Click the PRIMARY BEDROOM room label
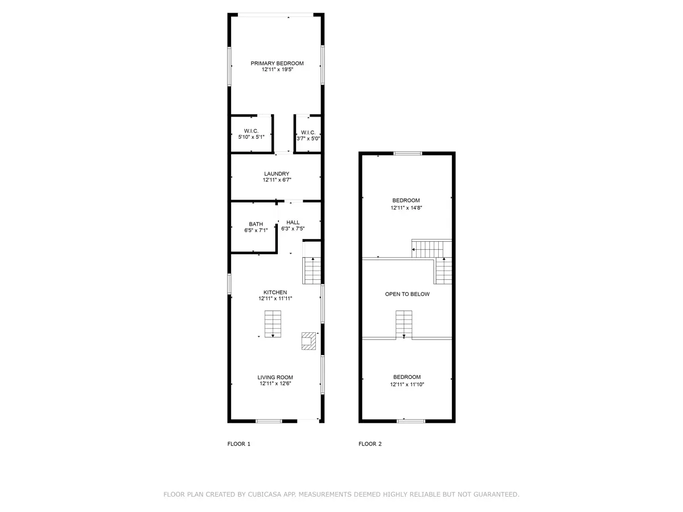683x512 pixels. pyautogui.click(x=277, y=63)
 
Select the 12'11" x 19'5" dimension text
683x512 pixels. pyautogui.click(x=277, y=69)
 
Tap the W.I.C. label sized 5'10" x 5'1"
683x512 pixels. pyautogui.click(x=251, y=131)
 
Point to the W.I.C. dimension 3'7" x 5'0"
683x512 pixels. pyautogui.click(x=308, y=139)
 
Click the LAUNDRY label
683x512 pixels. pyautogui.click(x=277, y=174)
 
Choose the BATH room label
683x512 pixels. pyautogui.click(x=256, y=224)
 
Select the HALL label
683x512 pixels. pyautogui.click(x=293, y=222)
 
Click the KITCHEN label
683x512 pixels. pyautogui.click(x=275, y=292)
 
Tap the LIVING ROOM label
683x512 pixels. pyautogui.click(x=275, y=377)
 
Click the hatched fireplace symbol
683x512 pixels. pyautogui.click(x=308, y=341)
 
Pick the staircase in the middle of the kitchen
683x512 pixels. pyautogui.click(x=273, y=324)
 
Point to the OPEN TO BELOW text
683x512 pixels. pyautogui.click(x=408, y=294)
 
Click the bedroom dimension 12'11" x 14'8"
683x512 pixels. pyautogui.click(x=406, y=208)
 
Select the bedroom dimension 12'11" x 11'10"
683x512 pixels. pyautogui.click(x=407, y=385)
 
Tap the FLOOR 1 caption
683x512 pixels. pyautogui.click(x=238, y=444)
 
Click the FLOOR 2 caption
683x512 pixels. pyautogui.click(x=370, y=444)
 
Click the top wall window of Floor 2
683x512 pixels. pyautogui.click(x=408, y=153)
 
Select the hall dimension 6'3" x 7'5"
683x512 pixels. pyautogui.click(x=293, y=229)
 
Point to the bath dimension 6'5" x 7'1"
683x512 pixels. pyautogui.click(x=256, y=230)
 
